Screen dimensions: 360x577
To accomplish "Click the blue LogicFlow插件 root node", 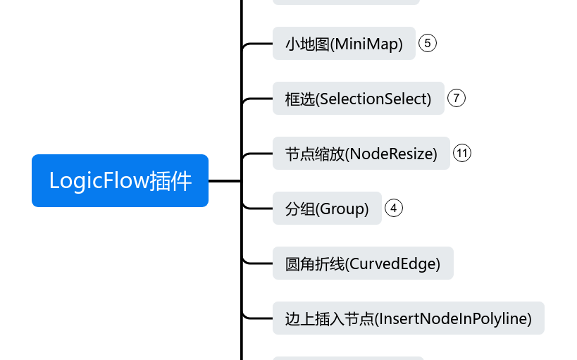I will coord(120,180).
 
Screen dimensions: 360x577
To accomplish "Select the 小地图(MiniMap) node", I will coord(343,44).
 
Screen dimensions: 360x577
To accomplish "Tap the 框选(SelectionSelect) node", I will coord(358,99).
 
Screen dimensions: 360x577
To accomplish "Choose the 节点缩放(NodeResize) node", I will coord(361,154).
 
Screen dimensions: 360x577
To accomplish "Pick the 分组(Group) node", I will coord(327,209).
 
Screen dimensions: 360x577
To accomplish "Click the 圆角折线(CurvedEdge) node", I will coord(362,263).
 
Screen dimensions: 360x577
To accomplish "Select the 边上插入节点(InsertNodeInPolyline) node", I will coord(408,318).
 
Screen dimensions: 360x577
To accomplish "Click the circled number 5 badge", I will coord(428,44).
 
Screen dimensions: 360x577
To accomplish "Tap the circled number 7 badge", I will coord(457,98).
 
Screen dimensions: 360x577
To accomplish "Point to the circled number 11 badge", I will coord(462,153).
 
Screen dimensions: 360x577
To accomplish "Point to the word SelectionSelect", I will coord(373,99).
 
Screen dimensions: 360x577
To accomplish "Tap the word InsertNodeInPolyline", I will coord(454,318).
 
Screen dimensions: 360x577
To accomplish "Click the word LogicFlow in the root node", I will coord(99,180).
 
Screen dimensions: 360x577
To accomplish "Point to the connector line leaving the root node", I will coord(225,180).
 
